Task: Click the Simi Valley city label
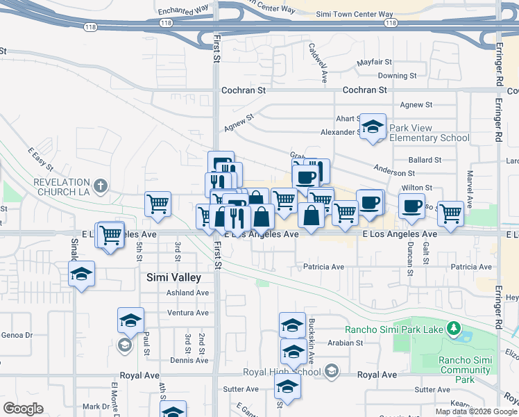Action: pos(173,277)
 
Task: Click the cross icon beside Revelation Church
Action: pos(101,186)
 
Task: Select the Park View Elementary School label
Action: pos(429,133)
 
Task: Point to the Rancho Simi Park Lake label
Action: pos(394,328)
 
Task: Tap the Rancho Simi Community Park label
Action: pos(466,370)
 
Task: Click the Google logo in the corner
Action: pos(23,408)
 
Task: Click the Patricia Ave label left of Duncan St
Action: pos(323,267)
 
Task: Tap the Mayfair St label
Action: pos(375,63)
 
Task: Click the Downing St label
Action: pos(397,75)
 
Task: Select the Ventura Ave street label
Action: pos(188,313)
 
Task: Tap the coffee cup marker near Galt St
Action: pos(411,206)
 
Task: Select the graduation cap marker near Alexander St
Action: pos(373,127)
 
